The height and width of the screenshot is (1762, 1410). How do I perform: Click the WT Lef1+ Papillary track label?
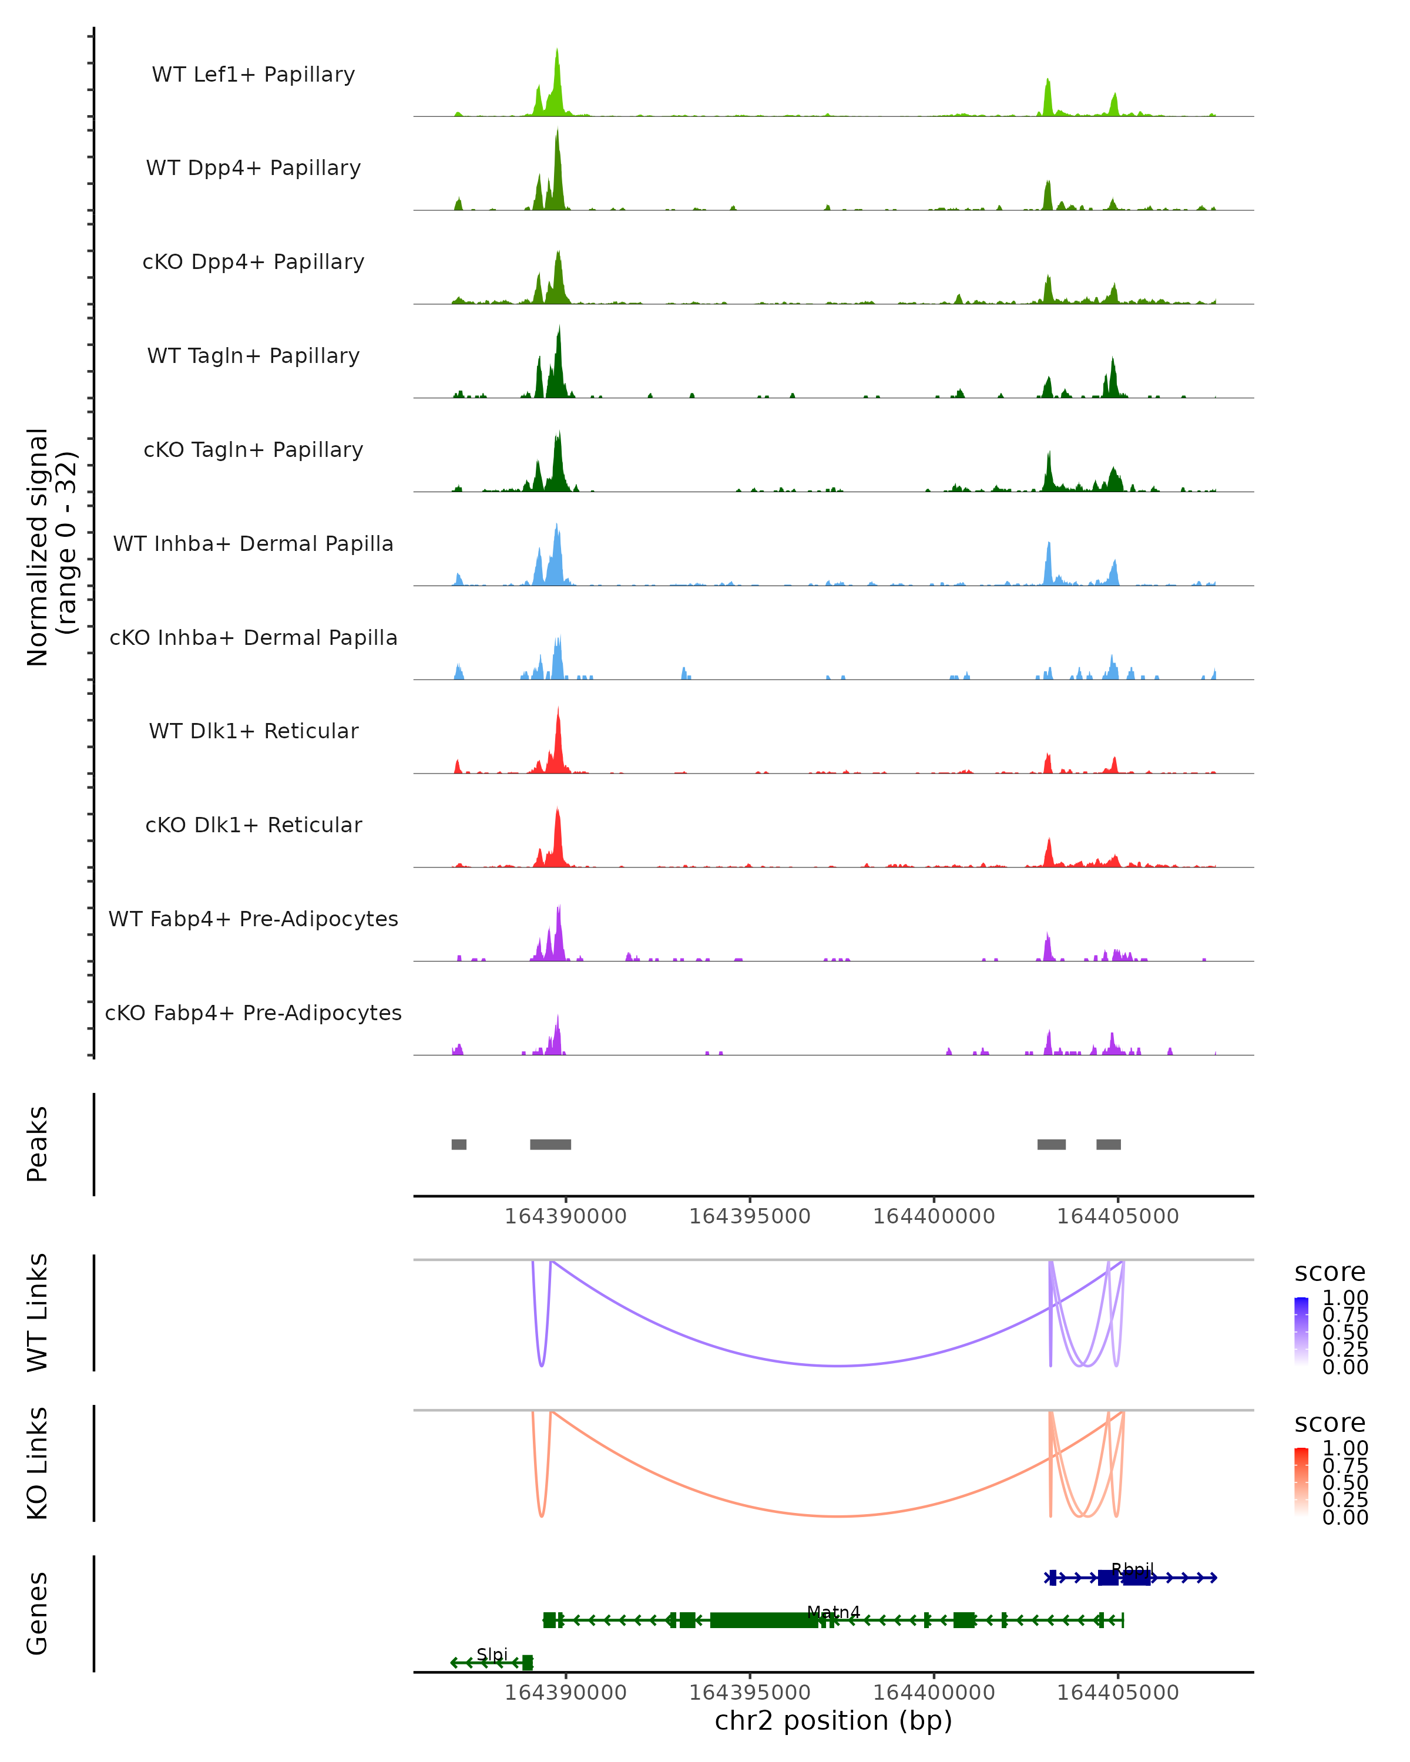point(253,75)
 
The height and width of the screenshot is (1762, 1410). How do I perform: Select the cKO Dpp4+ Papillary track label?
point(253,263)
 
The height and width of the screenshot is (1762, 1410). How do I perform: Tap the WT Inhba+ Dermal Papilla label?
point(253,544)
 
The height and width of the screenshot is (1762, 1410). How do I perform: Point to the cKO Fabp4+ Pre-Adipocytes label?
point(253,1013)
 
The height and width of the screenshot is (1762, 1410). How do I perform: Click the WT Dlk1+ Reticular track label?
point(253,731)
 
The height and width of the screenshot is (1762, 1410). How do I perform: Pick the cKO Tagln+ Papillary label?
point(253,450)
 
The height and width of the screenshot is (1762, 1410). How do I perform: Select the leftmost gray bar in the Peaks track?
point(459,1144)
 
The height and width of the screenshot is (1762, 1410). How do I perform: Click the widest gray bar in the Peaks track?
point(550,1144)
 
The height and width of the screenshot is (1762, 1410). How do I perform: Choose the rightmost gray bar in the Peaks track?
point(1109,1144)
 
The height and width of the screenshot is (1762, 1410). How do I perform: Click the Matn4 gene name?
point(833,1612)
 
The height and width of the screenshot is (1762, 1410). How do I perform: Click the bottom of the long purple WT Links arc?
point(838,1366)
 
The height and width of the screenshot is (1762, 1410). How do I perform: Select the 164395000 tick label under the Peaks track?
point(750,1217)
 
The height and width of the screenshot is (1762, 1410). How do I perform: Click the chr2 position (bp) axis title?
point(833,1721)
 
